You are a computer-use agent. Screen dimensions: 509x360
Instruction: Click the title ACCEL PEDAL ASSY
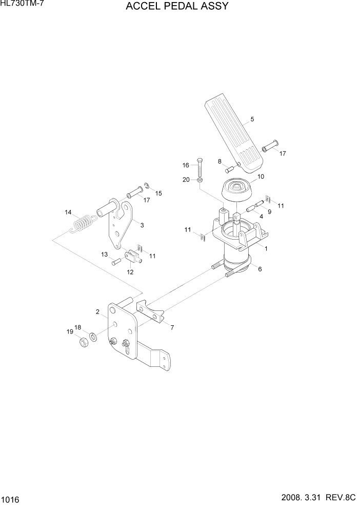click(177, 7)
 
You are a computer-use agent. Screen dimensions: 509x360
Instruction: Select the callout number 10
click(261, 177)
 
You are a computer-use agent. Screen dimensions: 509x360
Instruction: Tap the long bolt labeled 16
click(200, 165)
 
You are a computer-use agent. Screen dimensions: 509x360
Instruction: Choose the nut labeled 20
click(200, 180)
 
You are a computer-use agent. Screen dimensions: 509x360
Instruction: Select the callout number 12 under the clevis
click(130, 272)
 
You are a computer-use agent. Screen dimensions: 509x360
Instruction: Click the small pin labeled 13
click(115, 262)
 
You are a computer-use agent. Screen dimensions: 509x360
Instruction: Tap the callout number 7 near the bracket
click(171, 327)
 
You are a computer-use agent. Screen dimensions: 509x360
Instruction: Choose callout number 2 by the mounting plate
click(97, 311)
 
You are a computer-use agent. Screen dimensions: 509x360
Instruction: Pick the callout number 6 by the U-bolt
click(259, 269)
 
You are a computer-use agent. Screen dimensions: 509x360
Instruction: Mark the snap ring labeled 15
click(146, 186)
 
